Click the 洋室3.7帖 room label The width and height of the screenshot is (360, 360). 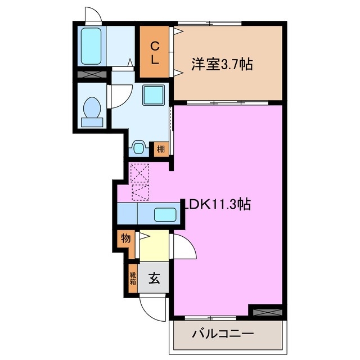pyautogui.click(x=221, y=65)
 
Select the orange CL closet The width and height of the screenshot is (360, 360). pyautogui.click(x=156, y=52)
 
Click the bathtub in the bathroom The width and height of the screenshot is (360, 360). pyautogui.click(x=91, y=46)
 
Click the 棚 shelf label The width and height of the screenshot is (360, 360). pyautogui.click(x=161, y=149)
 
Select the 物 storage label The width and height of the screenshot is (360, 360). pyautogui.click(x=125, y=238)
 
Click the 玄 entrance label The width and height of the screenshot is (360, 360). pyautogui.click(x=153, y=277)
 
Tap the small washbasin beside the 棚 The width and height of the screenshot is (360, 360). pyautogui.click(x=139, y=148)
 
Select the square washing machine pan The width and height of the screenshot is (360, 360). pyautogui.click(x=152, y=95)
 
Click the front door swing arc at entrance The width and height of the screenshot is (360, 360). pyautogui.click(x=152, y=307)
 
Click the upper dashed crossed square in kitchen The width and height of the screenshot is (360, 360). pyautogui.click(x=138, y=172)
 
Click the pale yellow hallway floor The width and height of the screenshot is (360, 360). pyautogui.click(x=154, y=246)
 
